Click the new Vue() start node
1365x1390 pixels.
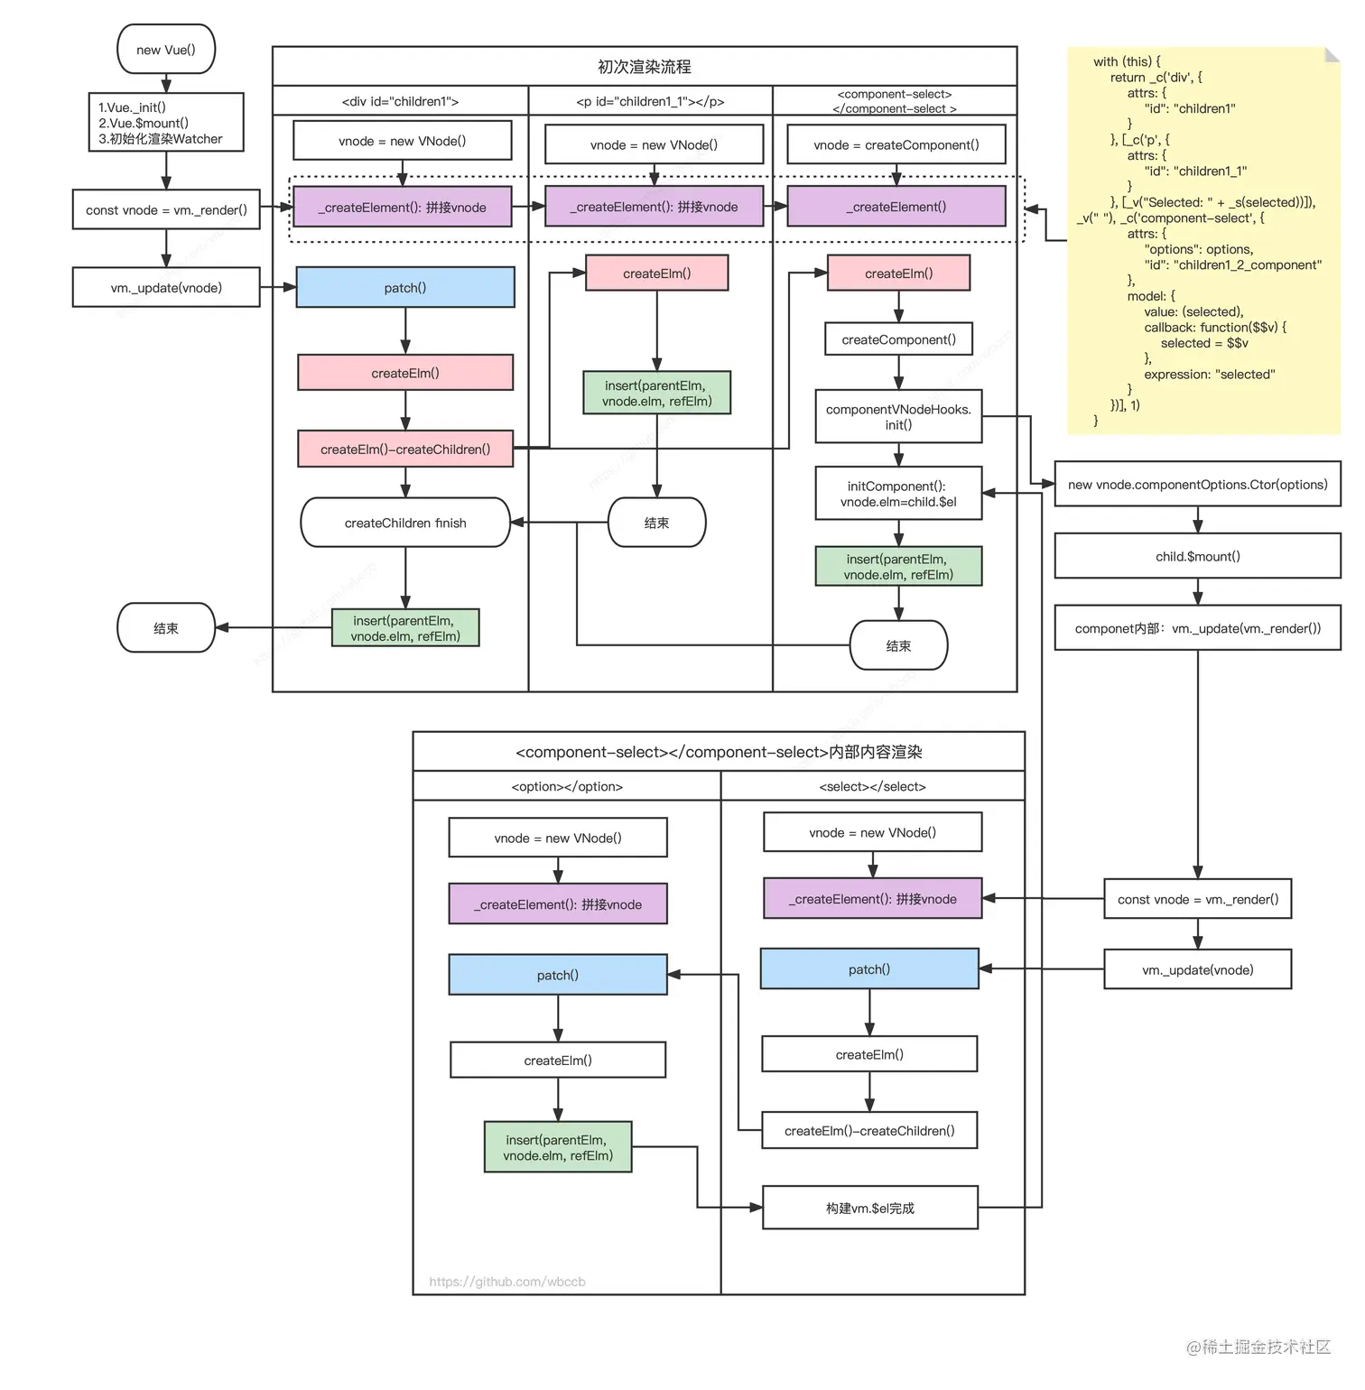coord(166,50)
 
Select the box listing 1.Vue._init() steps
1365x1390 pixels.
coord(166,123)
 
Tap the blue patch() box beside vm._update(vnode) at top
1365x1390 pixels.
coord(405,288)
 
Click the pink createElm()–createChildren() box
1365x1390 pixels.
coord(405,449)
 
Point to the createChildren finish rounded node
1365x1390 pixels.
coord(405,524)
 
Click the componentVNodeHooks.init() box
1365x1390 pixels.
coord(898,417)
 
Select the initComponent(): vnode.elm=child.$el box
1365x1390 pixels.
coord(898,494)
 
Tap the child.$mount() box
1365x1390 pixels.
coord(1197,557)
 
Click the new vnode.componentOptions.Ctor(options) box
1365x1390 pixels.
coord(1197,486)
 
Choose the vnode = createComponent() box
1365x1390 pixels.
coord(896,145)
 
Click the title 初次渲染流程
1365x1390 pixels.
coord(645,67)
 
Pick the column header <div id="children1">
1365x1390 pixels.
coord(400,102)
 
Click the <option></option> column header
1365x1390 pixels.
coord(567,787)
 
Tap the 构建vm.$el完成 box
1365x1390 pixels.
coord(870,1209)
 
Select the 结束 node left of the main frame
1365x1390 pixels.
coord(166,628)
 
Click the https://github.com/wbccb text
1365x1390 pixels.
coord(507,1282)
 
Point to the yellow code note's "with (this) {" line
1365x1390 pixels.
coord(1127,62)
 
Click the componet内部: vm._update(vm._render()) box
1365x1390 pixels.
coord(1197,629)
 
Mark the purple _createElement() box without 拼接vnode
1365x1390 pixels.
coord(896,208)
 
